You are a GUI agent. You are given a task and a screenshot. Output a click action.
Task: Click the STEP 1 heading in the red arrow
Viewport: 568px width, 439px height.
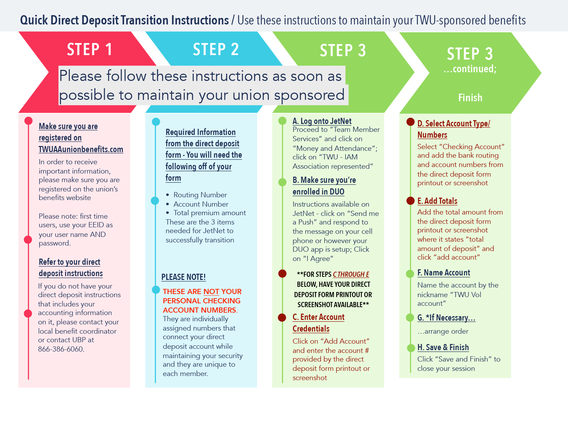tap(90, 49)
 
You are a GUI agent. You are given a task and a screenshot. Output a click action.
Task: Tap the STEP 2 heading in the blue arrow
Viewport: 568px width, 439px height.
tap(215, 49)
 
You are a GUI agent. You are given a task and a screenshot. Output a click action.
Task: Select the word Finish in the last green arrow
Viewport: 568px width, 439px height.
tap(470, 97)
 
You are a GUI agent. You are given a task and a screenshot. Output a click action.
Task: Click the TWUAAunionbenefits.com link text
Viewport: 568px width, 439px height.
tap(81, 149)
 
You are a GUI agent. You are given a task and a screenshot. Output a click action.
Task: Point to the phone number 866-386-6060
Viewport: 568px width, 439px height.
tap(61, 349)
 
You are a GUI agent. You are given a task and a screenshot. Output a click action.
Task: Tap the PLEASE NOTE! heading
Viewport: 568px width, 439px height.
tap(183, 277)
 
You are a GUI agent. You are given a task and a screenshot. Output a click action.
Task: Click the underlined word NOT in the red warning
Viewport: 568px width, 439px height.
tap(211, 292)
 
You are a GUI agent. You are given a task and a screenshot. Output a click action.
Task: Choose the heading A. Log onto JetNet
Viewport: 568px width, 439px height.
tap(322, 121)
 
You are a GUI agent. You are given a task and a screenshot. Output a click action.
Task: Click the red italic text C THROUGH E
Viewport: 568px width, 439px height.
tap(351, 274)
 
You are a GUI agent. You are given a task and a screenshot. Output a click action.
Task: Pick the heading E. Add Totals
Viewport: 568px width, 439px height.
tap(437, 201)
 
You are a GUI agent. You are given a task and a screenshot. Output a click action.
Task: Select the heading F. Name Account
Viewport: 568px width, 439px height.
tap(444, 273)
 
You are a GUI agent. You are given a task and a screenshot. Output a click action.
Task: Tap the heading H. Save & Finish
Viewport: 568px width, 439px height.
tap(443, 347)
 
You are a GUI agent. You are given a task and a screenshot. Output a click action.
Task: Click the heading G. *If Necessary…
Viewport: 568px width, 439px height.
tap(446, 318)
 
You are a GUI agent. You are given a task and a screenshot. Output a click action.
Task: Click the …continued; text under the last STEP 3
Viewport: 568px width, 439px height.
tap(470, 69)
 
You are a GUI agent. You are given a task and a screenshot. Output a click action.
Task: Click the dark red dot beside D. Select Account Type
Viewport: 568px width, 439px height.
tap(410, 122)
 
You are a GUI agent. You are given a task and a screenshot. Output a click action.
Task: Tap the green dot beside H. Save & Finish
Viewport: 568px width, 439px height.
tap(411, 348)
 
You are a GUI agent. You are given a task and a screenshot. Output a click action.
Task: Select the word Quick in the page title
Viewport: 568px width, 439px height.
tap(34, 20)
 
